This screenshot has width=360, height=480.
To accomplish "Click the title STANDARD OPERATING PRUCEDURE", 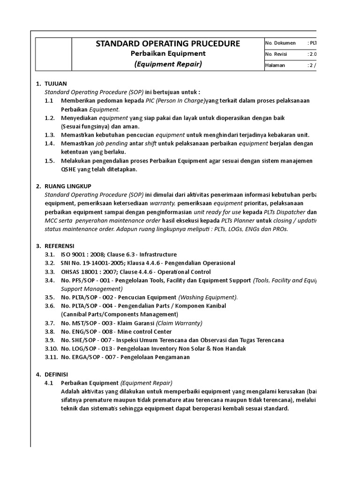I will point(168,44).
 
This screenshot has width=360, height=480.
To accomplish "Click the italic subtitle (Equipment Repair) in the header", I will point(168,64).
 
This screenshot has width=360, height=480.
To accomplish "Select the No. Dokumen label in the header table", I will point(280,43).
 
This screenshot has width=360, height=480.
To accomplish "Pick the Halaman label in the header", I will point(275,65).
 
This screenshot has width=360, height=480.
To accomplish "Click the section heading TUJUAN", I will point(56,83).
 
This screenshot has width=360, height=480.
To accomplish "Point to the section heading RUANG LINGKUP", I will point(68,186).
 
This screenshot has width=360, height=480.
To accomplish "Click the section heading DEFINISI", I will point(56,374).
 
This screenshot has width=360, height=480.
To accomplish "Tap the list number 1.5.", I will point(50,161).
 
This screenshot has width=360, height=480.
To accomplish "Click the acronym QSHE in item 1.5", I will point(68,169).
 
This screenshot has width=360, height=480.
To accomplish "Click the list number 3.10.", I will point(51,348).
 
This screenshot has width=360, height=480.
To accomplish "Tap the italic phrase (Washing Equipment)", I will point(208,297).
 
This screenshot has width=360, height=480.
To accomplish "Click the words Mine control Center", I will point(147,331).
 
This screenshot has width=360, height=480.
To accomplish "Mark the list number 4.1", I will point(49,382).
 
